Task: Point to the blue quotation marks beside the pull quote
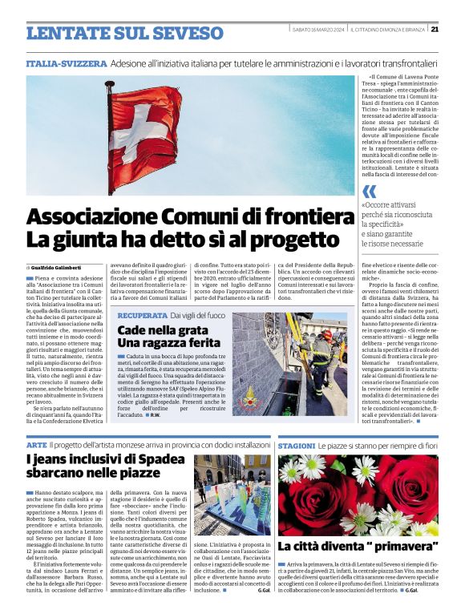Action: point(369,192)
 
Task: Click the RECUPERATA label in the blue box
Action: point(142,316)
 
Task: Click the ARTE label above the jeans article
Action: point(36,444)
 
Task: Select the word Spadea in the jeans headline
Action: point(161,459)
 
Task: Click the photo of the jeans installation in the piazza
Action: point(232,495)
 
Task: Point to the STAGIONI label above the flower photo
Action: point(297,444)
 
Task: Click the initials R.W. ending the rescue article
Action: point(155,414)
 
